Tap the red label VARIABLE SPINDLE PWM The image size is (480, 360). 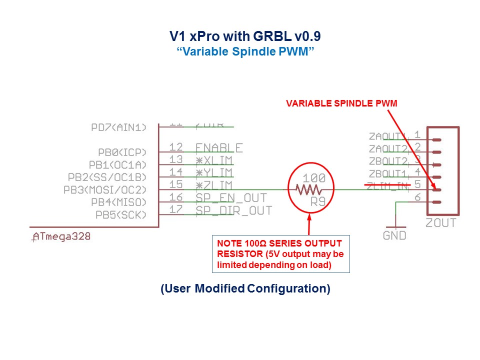(x=341, y=103)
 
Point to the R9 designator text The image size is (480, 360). (x=318, y=202)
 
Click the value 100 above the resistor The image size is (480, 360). (x=314, y=178)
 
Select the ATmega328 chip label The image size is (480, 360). (x=61, y=236)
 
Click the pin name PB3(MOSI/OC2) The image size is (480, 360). (x=105, y=190)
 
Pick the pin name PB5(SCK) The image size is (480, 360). (x=121, y=215)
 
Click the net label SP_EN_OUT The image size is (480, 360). (x=231, y=198)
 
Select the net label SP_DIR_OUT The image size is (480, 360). (x=233, y=210)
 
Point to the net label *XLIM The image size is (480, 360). (x=214, y=160)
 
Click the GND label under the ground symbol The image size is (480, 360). (x=394, y=235)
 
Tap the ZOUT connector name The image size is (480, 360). (x=440, y=223)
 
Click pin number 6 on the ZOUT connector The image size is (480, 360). (x=417, y=197)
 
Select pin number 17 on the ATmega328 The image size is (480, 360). (x=176, y=210)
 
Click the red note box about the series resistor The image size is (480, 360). (x=280, y=254)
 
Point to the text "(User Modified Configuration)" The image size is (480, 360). (x=245, y=289)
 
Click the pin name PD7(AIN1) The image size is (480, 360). (x=119, y=127)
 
